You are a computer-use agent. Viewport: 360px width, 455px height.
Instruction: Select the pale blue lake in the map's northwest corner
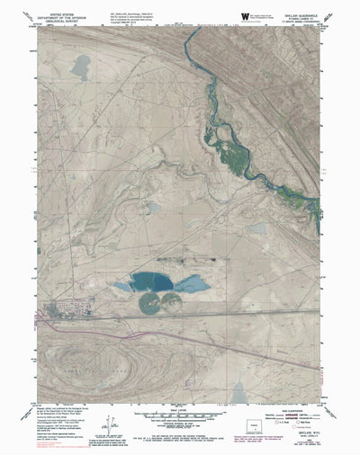tap(82, 65)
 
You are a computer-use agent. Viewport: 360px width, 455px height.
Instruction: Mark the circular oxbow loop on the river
tap(221, 137)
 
